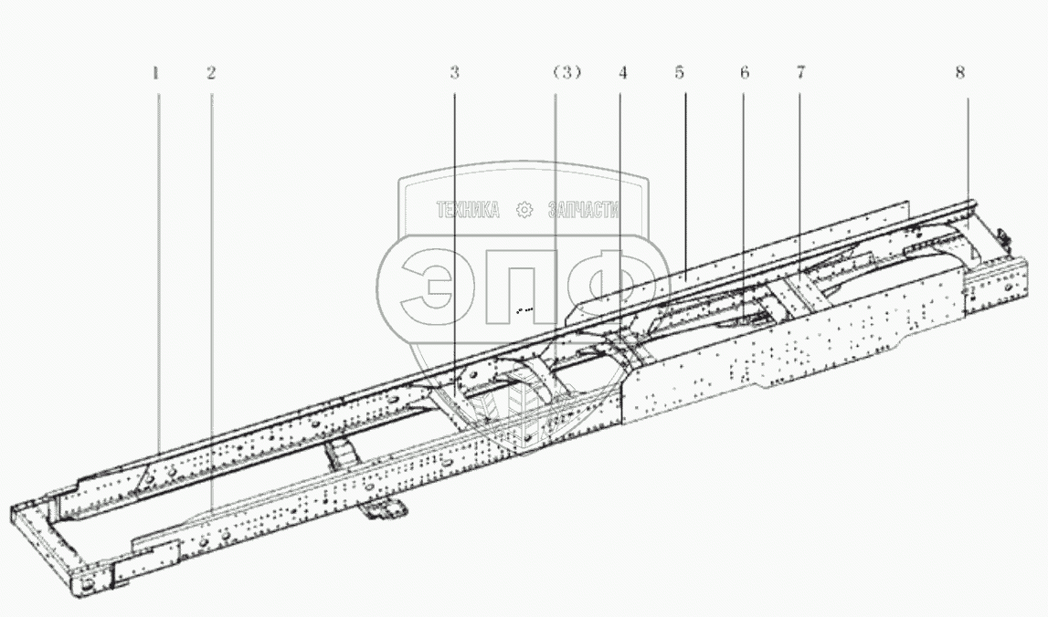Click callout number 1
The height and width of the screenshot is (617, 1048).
point(156,73)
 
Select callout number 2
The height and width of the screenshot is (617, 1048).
point(211,73)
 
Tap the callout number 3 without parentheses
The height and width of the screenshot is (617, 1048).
point(454,73)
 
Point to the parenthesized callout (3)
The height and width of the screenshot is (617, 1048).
point(566,73)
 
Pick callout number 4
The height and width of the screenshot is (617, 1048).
point(622,73)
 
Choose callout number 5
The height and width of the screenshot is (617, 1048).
point(681,73)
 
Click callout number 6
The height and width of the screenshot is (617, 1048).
point(745,73)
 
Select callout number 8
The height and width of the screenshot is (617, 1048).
point(960,73)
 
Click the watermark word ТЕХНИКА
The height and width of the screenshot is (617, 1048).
point(468,211)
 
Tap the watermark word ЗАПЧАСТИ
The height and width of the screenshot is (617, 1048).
point(584,211)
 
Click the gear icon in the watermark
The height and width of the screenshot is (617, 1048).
point(524,211)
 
